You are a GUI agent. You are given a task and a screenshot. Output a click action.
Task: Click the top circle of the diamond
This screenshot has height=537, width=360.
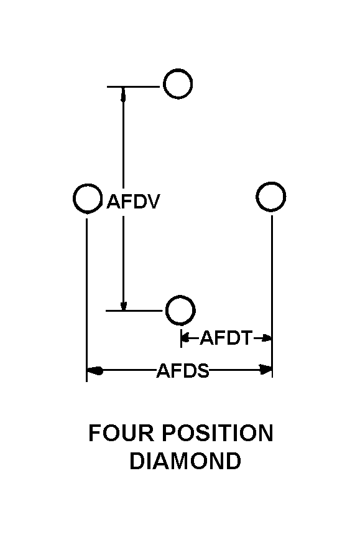point(178,70)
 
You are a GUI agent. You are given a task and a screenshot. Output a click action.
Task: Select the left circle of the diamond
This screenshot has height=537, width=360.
point(88,185)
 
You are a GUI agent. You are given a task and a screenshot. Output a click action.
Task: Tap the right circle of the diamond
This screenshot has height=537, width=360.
point(271,182)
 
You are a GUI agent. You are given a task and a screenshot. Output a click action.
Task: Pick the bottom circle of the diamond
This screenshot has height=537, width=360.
point(180,296)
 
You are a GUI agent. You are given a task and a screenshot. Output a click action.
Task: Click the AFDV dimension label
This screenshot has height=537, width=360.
point(133,202)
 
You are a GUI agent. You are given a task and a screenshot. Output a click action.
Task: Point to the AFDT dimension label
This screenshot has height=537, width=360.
point(226,338)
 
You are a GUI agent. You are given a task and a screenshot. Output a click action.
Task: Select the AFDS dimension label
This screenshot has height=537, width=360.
point(183,371)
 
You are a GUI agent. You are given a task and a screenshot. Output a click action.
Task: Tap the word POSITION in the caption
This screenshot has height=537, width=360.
point(217,433)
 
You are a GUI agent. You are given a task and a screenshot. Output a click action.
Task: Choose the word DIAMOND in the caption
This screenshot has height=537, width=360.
point(185,460)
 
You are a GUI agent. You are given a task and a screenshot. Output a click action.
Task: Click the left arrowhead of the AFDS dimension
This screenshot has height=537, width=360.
point(95,370)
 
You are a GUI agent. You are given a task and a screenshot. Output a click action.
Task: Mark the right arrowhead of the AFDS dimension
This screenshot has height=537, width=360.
point(266,370)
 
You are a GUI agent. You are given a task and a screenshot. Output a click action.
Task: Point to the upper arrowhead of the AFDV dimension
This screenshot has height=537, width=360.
point(124,94)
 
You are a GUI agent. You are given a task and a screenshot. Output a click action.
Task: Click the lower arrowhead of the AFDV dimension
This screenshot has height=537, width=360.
point(124,304)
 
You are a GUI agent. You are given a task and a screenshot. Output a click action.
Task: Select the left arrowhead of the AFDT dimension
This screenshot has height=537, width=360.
point(185,339)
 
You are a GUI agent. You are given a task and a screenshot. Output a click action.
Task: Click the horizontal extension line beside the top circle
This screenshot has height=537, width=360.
point(133,86)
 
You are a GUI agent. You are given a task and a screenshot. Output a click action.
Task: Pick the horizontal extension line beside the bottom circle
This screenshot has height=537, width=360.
point(134,311)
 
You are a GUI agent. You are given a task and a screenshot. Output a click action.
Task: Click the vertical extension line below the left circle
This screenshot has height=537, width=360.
point(86,300)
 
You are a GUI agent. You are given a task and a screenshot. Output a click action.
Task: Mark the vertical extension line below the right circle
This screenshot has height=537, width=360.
point(272,297)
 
